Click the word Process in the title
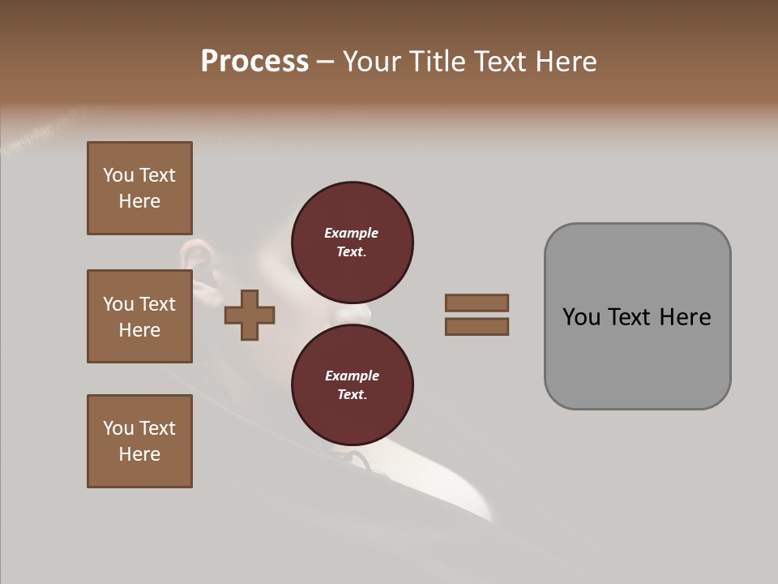pyautogui.click(x=254, y=62)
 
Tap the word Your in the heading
pyautogui.click(x=370, y=62)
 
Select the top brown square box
pyautogui.click(x=139, y=188)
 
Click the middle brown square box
pyautogui.click(x=139, y=316)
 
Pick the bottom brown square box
pyautogui.click(x=139, y=441)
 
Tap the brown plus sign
pyautogui.click(x=250, y=315)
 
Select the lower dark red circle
pyautogui.click(x=353, y=384)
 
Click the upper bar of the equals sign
pyautogui.click(x=477, y=303)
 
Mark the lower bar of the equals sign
pyautogui.click(x=477, y=327)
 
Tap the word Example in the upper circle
pyautogui.click(x=352, y=233)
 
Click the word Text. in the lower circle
pyautogui.click(x=352, y=394)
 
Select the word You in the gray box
pyautogui.click(x=580, y=317)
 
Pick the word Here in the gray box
pyautogui.click(x=686, y=317)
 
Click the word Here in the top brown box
pyautogui.click(x=139, y=201)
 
